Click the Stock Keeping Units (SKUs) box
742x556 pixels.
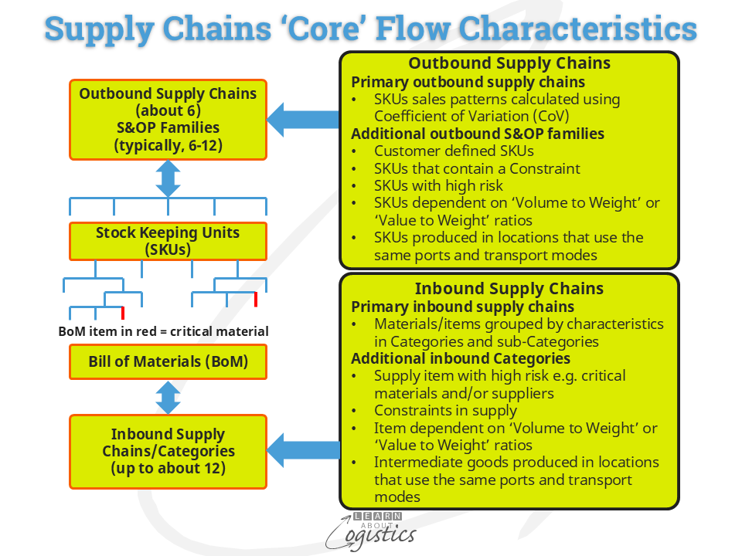point(168,241)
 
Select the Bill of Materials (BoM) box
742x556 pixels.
point(168,361)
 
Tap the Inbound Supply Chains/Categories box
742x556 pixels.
point(168,452)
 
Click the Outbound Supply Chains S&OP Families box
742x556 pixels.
point(168,119)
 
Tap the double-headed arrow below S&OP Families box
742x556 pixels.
point(168,178)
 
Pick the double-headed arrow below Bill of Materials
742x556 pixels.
point(168,397)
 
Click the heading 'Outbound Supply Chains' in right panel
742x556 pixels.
point(509,64)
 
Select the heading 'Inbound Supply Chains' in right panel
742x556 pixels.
point(509,289)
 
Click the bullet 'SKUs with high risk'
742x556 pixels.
point(438,185)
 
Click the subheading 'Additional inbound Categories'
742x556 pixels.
point(461,359)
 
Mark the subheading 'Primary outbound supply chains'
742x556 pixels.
point(468,82)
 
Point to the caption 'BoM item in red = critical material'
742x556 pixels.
point(164,331)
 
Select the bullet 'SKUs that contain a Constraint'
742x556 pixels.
point(477,168)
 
